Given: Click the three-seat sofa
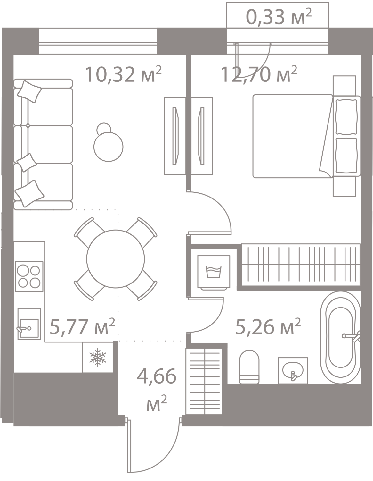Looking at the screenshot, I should point(43,144).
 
